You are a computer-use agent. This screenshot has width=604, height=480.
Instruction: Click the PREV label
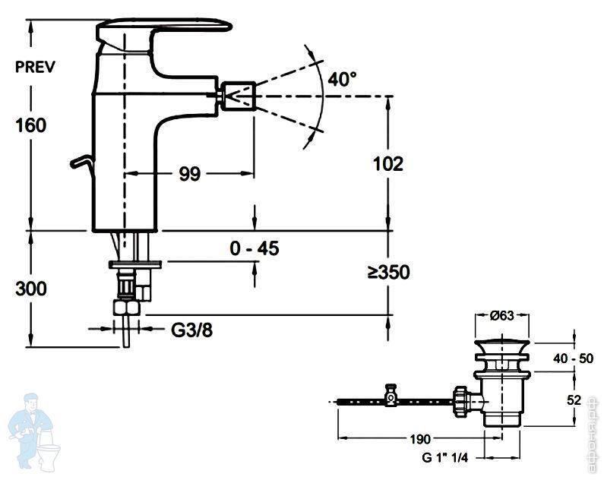35,66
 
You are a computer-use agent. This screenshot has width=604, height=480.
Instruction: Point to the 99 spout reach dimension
189,174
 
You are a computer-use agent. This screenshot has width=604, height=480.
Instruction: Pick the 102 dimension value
387,163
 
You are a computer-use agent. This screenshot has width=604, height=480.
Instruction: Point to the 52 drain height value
575,399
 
